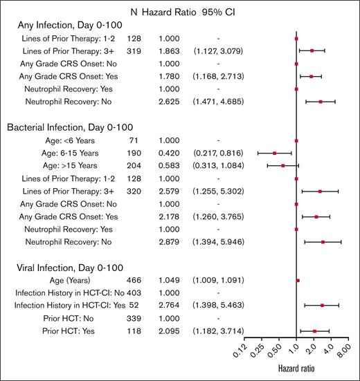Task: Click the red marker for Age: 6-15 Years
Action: [275, 153]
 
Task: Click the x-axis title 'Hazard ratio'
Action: [296, 371]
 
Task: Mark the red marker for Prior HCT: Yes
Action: [314, 331]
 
